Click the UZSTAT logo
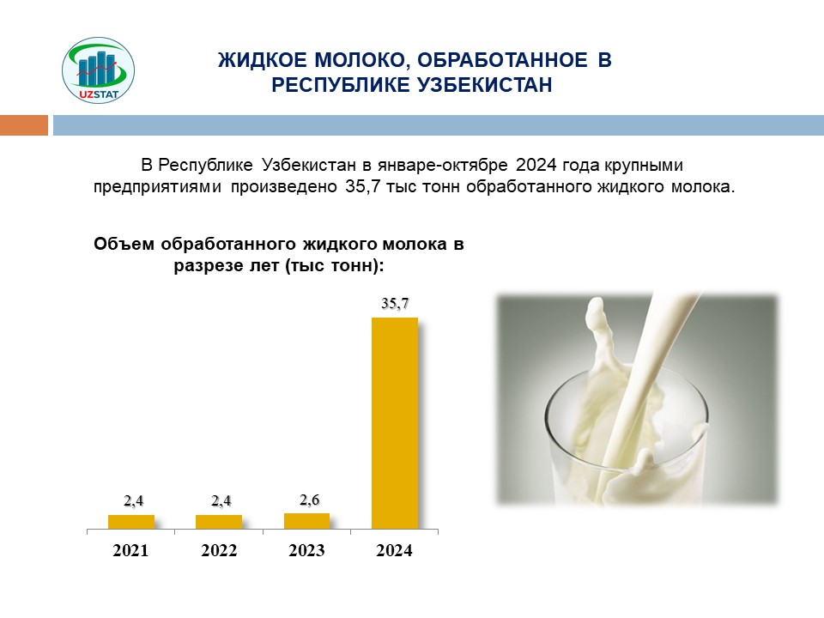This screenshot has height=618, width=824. coord(98,70)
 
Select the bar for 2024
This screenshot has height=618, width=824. coord(395,423)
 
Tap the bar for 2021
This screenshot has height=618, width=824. coord(131,522)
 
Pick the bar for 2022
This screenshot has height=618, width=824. coord(219,522)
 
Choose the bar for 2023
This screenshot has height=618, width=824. coord(307,521)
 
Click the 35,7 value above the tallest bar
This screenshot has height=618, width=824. coord(395,303)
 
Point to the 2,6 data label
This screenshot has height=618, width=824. coord(310,500)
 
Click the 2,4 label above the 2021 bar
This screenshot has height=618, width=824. coord(134,500)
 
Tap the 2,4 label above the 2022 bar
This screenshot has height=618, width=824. coord(221,500)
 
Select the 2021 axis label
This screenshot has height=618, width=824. coord(130,550)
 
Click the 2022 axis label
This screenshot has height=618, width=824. coord(219,550)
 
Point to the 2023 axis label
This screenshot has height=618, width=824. coord(307,550)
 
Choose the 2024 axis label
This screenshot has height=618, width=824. coord(395,550)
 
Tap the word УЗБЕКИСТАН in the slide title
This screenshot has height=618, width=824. coord(484,85)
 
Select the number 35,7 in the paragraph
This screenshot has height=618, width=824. coord(362,186)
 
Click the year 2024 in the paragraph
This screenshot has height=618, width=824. coord(536,165)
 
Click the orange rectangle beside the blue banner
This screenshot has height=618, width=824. coord(24,125)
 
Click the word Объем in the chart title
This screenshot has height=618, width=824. coord(124,245)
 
